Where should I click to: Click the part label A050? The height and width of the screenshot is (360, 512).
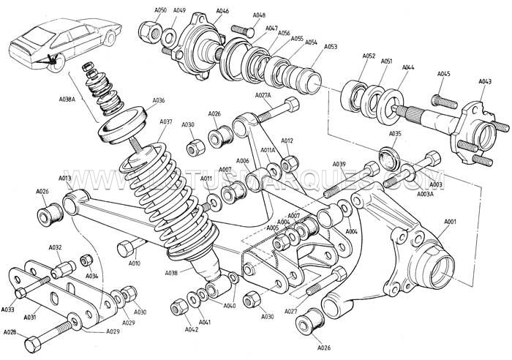161,10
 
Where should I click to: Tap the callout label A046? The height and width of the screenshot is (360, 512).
222,11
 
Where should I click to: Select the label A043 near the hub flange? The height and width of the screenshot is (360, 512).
485,81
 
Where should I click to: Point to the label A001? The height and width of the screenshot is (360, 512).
450,221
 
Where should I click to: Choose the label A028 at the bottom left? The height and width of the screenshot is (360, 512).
10,332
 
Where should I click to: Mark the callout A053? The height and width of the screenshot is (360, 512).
331,46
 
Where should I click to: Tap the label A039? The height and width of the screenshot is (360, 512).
339,164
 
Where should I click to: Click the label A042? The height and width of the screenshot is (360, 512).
192,330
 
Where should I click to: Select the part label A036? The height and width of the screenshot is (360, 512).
159,101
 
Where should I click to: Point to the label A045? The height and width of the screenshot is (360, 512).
444,74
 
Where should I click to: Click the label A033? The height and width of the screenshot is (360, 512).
9,310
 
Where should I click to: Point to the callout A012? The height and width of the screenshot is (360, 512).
287,140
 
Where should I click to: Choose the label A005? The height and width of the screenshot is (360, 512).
272,228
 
